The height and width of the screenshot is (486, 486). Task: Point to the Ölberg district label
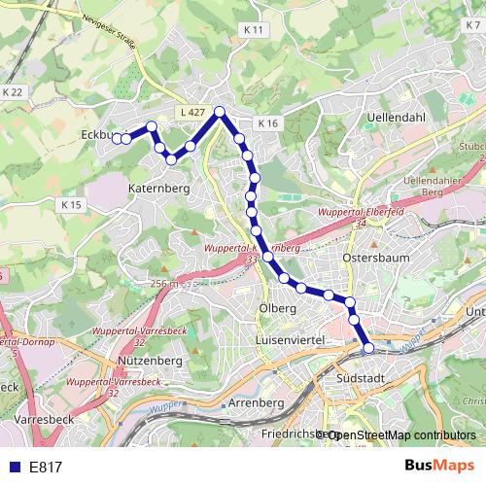(x=277, y=309)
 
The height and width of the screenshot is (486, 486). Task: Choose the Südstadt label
(x=360, y=378)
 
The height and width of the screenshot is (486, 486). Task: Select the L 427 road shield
(x=192, y=113)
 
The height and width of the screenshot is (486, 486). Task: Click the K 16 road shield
(x=268, y=123)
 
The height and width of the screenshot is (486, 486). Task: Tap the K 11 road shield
(x=254, y=30)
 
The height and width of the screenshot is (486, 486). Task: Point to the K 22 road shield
(x=12, y=91)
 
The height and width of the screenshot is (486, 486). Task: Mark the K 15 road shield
(x=72, y=205)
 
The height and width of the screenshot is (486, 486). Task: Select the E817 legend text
(x=46, y=468)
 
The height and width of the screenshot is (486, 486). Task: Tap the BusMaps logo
(x=439, y=466)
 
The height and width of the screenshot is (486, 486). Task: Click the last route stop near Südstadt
(x=368, y=347)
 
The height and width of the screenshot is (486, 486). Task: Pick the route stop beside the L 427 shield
(x=220, y=112)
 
